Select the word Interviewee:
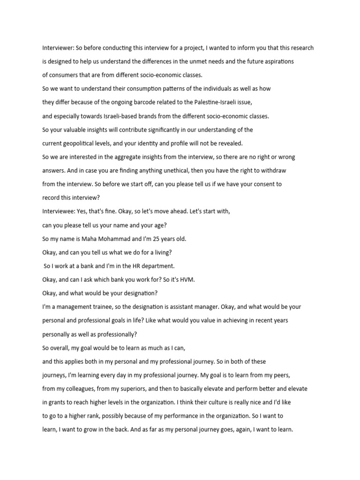click(x=59, y=211)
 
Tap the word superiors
click(x=144, y=389)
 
